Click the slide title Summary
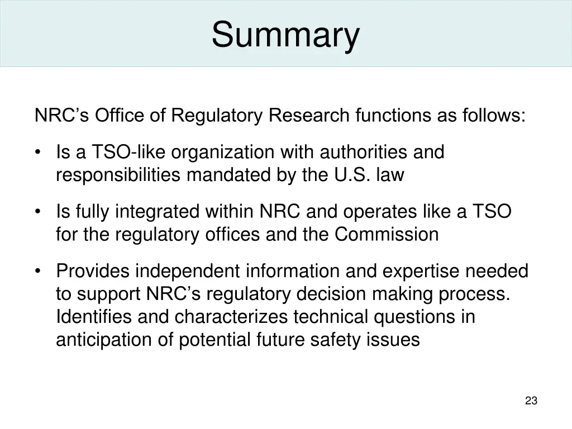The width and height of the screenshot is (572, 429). pos(285,34)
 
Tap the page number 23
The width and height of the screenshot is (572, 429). pos(531,401)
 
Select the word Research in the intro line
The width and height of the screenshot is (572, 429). pos(309,116)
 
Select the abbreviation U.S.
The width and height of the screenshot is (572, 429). pos(352,175)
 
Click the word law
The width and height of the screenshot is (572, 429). pos(390,175)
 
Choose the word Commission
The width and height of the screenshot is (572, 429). pos(387,235)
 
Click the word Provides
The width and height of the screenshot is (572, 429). pos(93,271)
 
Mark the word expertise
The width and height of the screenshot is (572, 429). pos(421,271)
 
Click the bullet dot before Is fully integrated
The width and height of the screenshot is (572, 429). pos(38,212)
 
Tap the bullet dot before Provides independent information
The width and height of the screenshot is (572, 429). pos(38,272)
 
